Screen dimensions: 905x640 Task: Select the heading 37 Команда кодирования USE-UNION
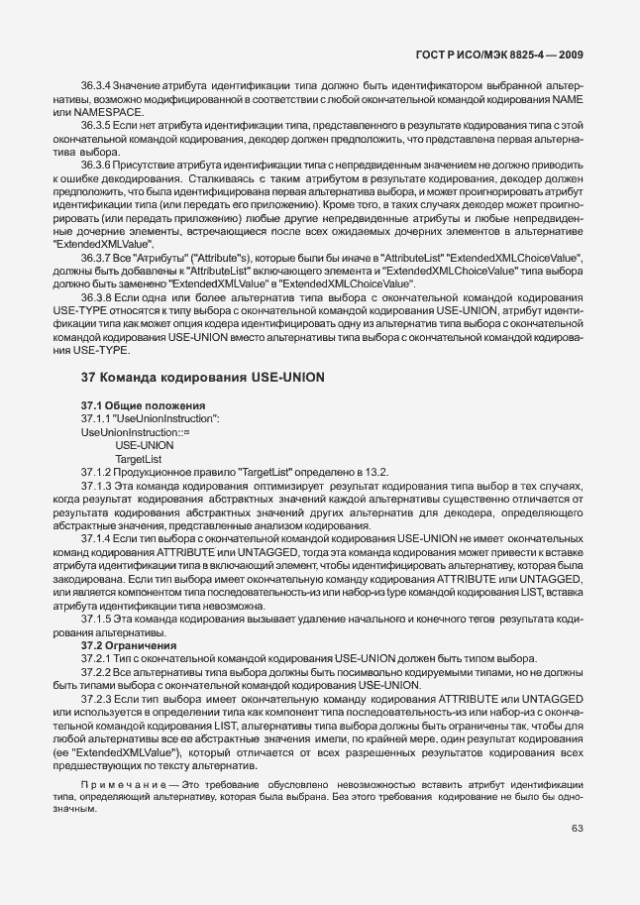[x=197, y=378]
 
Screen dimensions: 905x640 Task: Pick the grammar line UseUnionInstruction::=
[x=135, y=433]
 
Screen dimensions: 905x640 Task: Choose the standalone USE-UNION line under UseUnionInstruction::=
[x=145, y=446]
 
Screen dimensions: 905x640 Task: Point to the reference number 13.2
[x=376, y=472]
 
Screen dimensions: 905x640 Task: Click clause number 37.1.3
[x=96, y=486]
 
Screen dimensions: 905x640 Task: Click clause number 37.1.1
[x=96, y=419]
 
